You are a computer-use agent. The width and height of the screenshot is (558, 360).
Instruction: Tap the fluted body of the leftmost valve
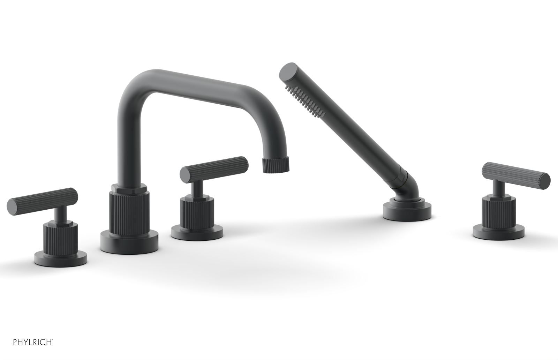61,237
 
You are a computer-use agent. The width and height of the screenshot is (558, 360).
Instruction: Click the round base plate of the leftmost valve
61,258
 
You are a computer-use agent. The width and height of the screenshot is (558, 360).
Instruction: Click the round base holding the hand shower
407,211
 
